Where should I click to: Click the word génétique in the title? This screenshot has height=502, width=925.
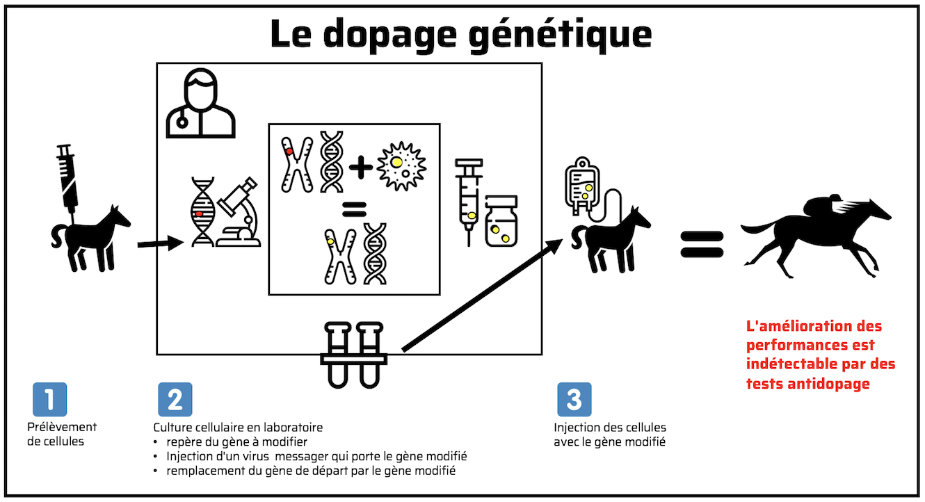point(560,35)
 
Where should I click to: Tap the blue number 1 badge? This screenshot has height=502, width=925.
point(50,399)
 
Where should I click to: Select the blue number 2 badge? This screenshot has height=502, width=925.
point(175,399)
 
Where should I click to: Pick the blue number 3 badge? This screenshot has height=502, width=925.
point(574,399)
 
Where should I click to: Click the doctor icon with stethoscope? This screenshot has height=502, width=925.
point(201,103)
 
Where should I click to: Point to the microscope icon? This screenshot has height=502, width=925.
point(239,212)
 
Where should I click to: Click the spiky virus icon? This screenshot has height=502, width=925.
point(401,166)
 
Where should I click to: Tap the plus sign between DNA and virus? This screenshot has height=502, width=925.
point(361,167)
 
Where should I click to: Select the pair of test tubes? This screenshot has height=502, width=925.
point(354,355)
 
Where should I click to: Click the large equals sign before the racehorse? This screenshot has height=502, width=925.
point(702,245)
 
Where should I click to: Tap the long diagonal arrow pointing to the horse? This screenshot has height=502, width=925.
point(483,295)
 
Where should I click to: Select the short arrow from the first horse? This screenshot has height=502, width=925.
point(161,243)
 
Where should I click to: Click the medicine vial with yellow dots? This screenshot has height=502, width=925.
point(501,221)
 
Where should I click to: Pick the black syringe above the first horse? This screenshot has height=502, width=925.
point(67,178)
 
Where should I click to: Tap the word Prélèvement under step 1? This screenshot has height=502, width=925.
point(62,427)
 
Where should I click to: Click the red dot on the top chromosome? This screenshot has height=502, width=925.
point(289,152)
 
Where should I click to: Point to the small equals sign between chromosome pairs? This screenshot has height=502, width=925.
point(354,210)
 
